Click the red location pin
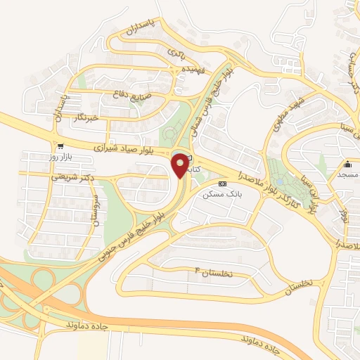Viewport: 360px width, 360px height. (x=181, y=165)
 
